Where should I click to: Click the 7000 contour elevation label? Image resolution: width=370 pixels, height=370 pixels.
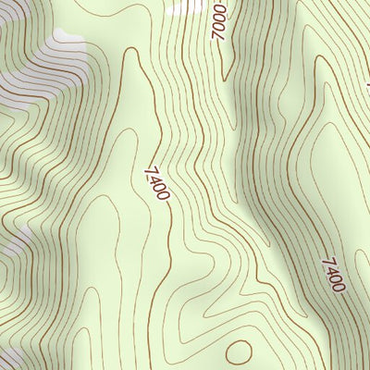pyautogui.click(x=218, y=20)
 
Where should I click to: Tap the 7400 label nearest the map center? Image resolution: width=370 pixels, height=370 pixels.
pyautogui.click(x=157, y=182)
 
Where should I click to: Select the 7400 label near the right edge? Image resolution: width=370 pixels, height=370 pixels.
pyautogui.click(x=332, y=274)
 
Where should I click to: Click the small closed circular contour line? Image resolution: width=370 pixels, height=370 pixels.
pyautogui.click(x=239, y=351)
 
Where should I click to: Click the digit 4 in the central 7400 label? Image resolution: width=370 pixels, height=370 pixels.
pyautogui.click(x=154, y=178)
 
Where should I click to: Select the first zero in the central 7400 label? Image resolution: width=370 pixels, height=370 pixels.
pyautogui.click(x=159, y=187)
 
